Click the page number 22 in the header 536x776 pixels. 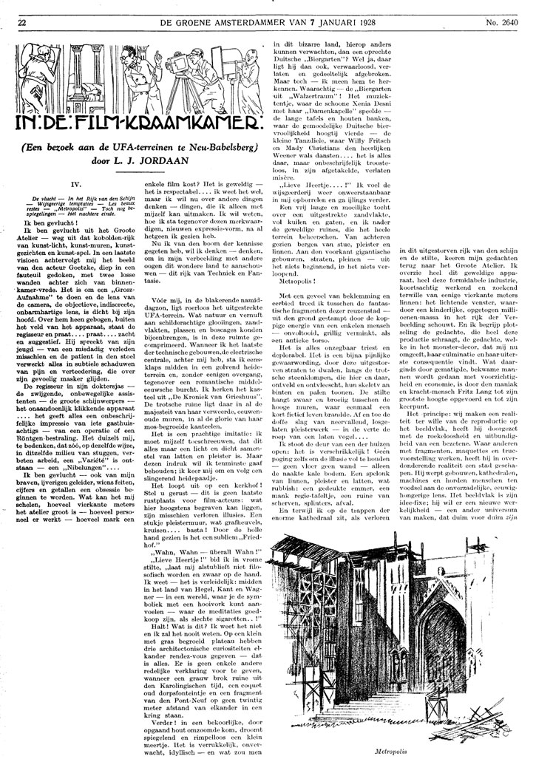click(22, 8)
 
